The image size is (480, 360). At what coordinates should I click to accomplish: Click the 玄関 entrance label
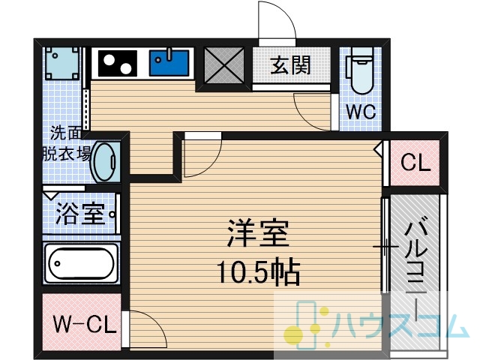pos(290,65)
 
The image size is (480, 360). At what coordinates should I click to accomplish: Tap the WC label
pos(361,112)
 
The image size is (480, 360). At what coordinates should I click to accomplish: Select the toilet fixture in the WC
pos(360,70)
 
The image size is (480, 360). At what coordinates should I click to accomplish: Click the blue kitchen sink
pos(169,63)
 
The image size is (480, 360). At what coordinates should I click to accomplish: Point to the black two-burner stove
pos(118,63)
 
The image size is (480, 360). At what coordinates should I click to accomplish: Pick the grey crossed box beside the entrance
pos(224,65)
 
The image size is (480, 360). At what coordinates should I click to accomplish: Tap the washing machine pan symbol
pos(62,63)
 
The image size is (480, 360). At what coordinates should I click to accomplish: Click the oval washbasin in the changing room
pos(106,161)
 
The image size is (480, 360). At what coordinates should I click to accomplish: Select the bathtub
pos(81,263)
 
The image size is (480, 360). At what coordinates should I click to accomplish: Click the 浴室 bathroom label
pos(80,214)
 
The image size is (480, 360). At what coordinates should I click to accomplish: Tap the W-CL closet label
pos(85,325)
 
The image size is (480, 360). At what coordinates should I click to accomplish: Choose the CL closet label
pos(415,163)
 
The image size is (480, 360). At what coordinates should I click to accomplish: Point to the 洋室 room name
pos(258,233)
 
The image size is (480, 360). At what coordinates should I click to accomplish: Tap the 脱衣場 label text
pos(67,153)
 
